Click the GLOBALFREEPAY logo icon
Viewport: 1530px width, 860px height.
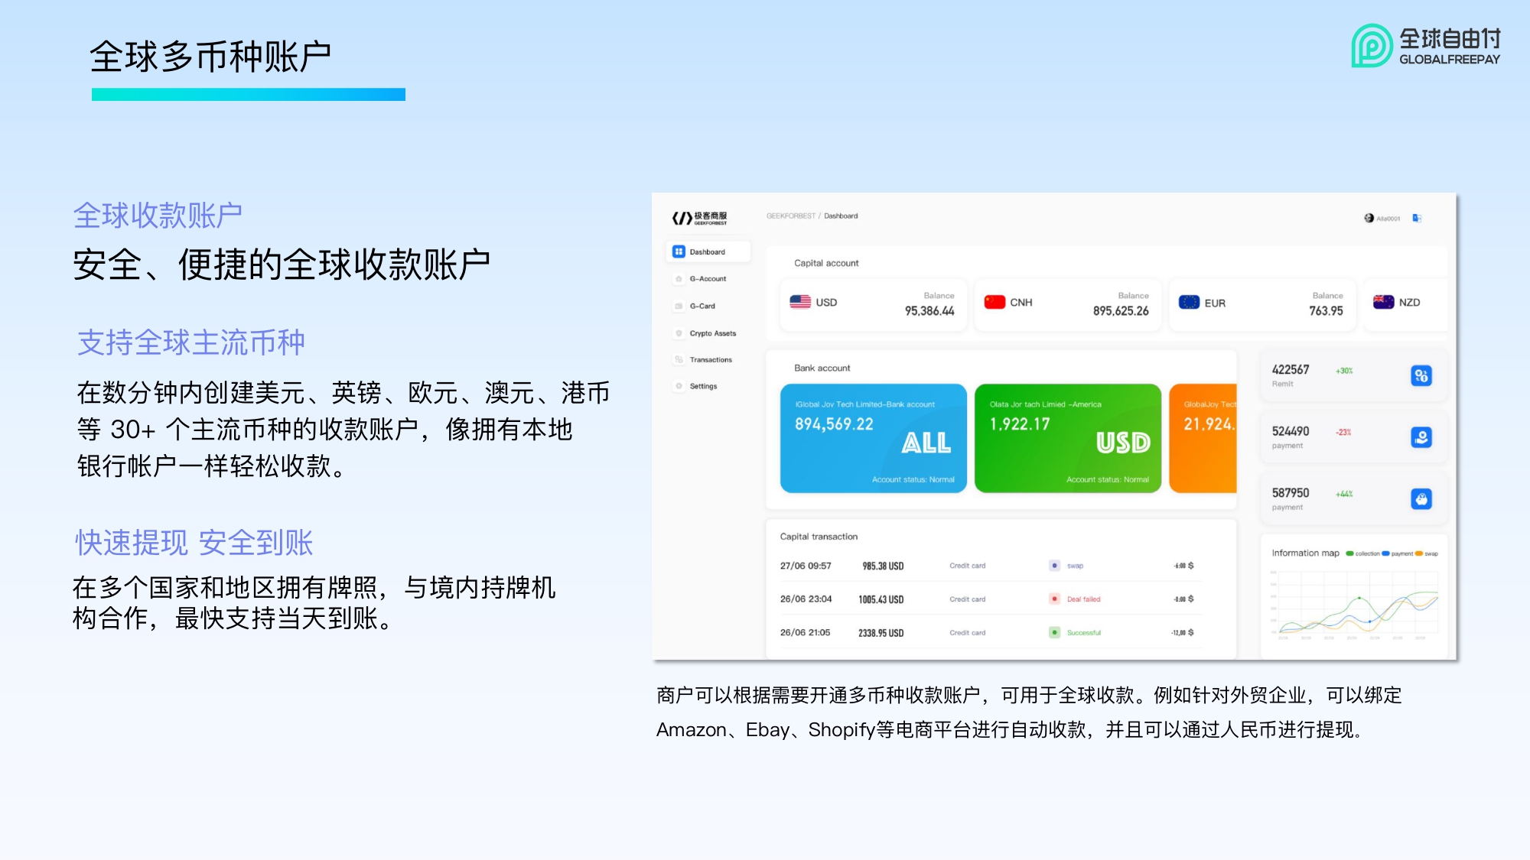(x=1372, y=46)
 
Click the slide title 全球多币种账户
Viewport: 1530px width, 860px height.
(x=210, y=57)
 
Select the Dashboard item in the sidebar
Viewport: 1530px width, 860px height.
(x=707, y=252)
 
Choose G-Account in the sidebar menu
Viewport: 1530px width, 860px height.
(x=708, y=279)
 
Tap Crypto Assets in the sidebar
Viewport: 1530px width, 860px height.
(x=712, y=333)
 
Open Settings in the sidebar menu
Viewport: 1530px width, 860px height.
(x=703, y=386)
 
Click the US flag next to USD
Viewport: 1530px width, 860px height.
(x=800, y=302)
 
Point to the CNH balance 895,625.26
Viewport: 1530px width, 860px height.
(x=1121, y=311)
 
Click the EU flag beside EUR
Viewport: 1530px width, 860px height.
(x=1189, y=303)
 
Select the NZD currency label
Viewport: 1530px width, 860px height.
(x=1409, y=303)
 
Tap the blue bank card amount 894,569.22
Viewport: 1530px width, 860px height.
(x=834, y=424)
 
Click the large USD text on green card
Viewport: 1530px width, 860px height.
(x=1123, y=443)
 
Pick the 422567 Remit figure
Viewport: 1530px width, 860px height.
(x=1291, y=370)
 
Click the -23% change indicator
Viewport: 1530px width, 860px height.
(x=1343, y=433)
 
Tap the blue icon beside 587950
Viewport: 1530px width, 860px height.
(x=1421, y=499)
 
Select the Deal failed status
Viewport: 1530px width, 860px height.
(x=1083, y=599)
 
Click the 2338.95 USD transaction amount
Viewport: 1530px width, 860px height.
(x=881, y=633)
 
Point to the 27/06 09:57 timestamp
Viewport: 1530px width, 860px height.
(x=806, y=566)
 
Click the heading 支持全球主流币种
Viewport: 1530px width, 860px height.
(x=191, y=342)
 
